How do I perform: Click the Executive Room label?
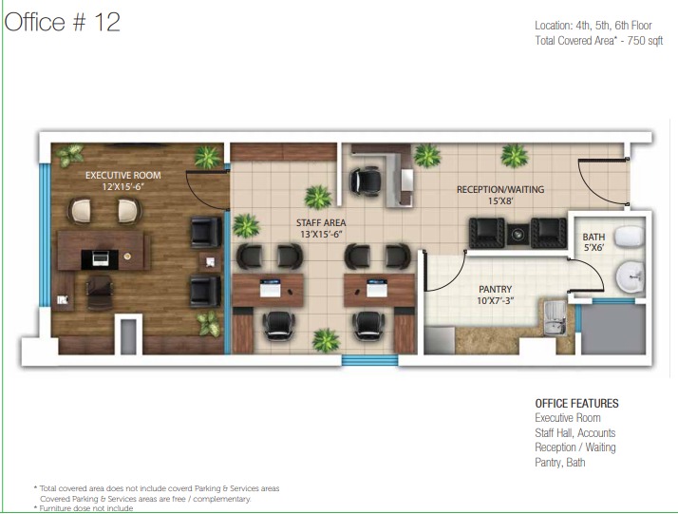(122, 175)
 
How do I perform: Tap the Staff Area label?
(321, 223)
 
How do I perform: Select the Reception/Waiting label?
(500, 189)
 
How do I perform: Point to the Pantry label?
(495, 289)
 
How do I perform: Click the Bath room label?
(593, 238)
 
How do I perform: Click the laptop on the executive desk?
(101, 257)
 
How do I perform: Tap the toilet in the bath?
(630, 237)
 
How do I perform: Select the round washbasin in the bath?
(630, 276)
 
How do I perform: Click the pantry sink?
(555, 318)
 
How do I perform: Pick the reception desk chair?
(366, 181)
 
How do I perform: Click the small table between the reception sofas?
(518, 234)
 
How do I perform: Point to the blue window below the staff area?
(369, 360)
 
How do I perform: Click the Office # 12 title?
(63, 22)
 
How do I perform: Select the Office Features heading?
(576, 403)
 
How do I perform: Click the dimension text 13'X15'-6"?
(321, 234)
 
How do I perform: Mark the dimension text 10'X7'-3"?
(495, 300)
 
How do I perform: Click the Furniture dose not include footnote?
(84, 508)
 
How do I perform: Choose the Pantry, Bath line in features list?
(560, 463)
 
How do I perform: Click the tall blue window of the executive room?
(45, 235)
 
